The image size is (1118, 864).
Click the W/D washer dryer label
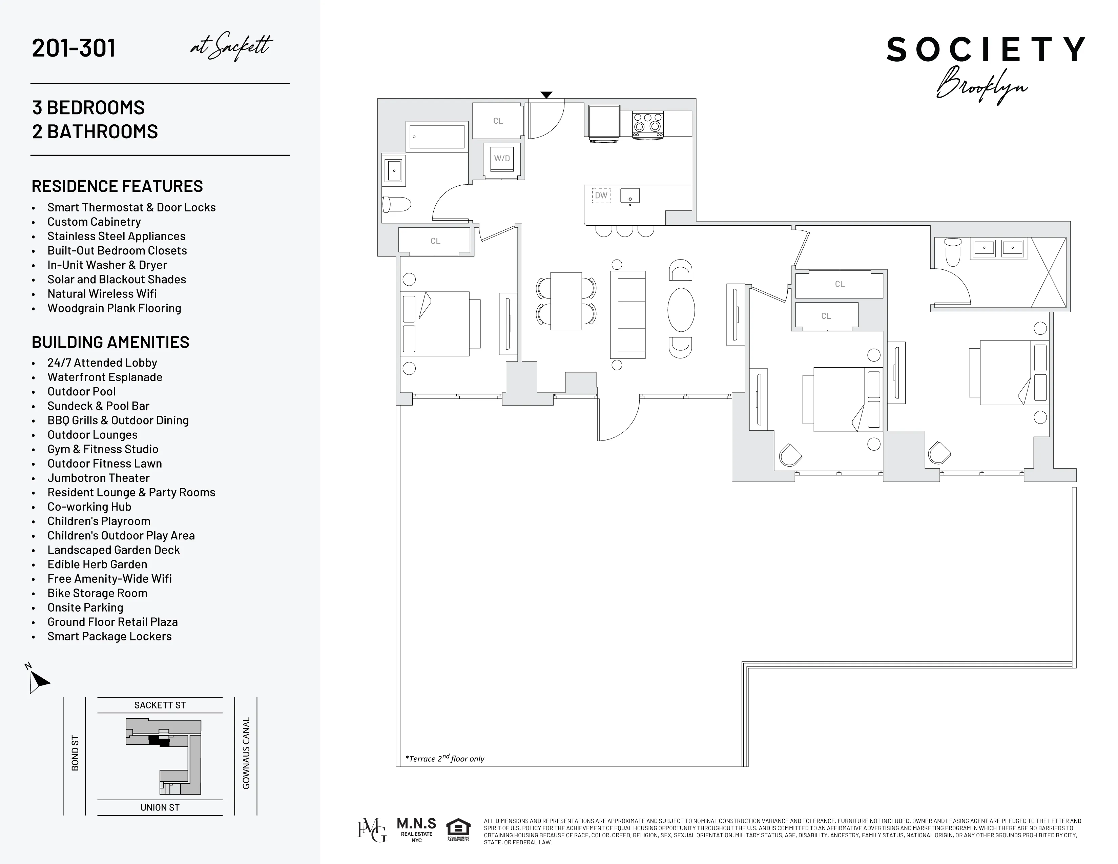click(502, 159)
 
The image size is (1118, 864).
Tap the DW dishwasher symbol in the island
click(601, 196)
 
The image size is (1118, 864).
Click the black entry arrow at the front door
click(546, 95)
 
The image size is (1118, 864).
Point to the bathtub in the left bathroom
click(437, 137)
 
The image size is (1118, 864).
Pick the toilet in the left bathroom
click(396, 205)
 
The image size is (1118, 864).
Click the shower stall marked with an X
click(1049, 272)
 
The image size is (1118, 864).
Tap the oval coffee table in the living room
click(681, 310)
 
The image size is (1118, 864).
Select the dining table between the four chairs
click(566, 301)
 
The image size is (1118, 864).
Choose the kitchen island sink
click(630, 196)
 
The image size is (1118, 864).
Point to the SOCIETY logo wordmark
click(986, 50)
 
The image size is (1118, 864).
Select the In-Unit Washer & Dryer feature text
click(107, 265)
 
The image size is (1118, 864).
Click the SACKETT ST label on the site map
click(160, 705)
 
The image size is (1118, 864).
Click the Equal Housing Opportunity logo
click(458, 830)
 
